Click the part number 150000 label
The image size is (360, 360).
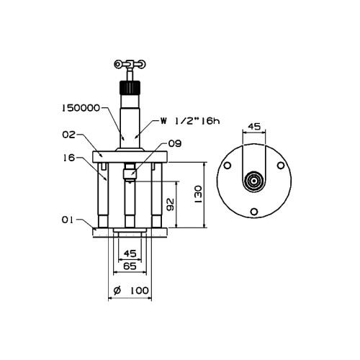pos(81,108)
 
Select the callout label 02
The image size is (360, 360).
pos(68,135)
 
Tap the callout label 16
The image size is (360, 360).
pos(69,158)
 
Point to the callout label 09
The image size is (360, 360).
pos(175,143)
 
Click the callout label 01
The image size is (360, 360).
pos(68,220)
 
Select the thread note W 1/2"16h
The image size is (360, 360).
pos(190,121)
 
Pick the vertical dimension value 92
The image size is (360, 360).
pos(170,204)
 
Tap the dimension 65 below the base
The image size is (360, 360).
pos(130,266)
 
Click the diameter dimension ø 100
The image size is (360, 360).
pos(131,291)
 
